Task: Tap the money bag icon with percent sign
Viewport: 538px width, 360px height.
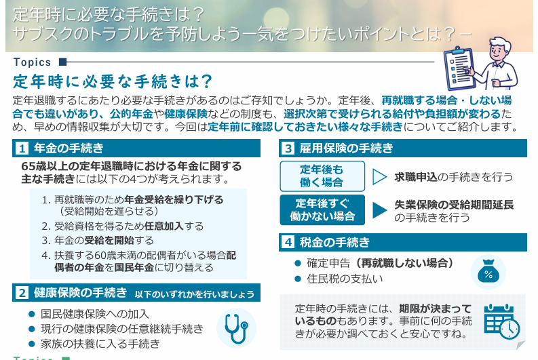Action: [x=488, y=273]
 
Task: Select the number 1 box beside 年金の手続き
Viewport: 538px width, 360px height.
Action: [x=22, y=148]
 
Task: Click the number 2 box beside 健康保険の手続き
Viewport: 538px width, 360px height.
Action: [x=22, y=293]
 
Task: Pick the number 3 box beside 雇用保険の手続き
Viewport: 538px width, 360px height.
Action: [x=288, y=148]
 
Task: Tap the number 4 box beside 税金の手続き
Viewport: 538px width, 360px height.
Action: [x=288, y=242]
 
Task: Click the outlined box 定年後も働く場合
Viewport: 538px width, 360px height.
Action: [x=322, y=176]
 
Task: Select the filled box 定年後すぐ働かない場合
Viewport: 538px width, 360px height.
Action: [x=322, y=210]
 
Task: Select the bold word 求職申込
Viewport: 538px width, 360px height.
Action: [x=416, y=177]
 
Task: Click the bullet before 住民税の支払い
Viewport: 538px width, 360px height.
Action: [x=297, y=278]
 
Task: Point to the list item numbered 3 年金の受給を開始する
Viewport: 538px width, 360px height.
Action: [x=98, y=240]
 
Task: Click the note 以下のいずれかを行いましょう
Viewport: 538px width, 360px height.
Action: [x=194, y=294]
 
